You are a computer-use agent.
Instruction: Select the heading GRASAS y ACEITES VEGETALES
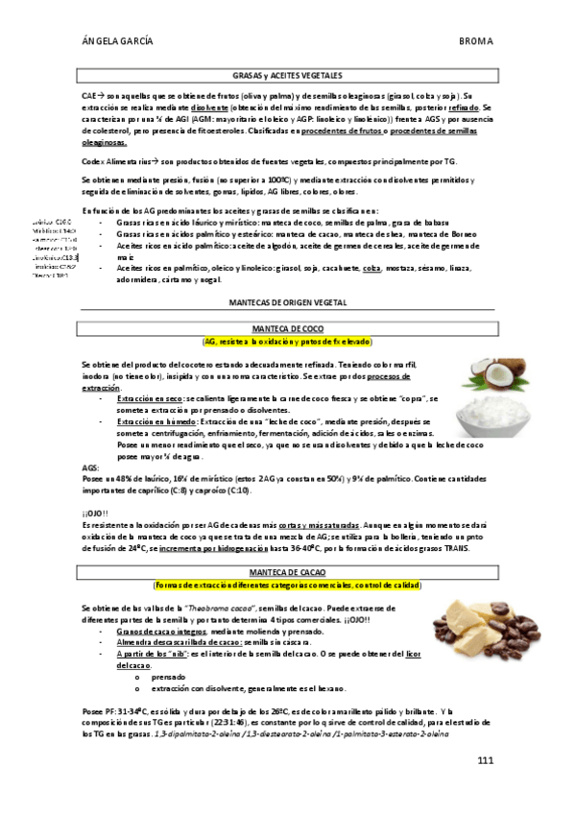(x=288, y=74)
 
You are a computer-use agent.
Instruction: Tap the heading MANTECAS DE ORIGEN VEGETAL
(x=288, y=301)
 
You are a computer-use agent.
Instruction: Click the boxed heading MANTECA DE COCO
(x=288, y=329)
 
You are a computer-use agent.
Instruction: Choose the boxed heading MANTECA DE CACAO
(x=288, y=572)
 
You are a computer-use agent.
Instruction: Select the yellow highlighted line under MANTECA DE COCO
(x=288, y=342)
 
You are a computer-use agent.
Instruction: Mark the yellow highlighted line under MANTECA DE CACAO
(x=288, y=585)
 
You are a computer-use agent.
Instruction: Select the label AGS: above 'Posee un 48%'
(x=90, y=467)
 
